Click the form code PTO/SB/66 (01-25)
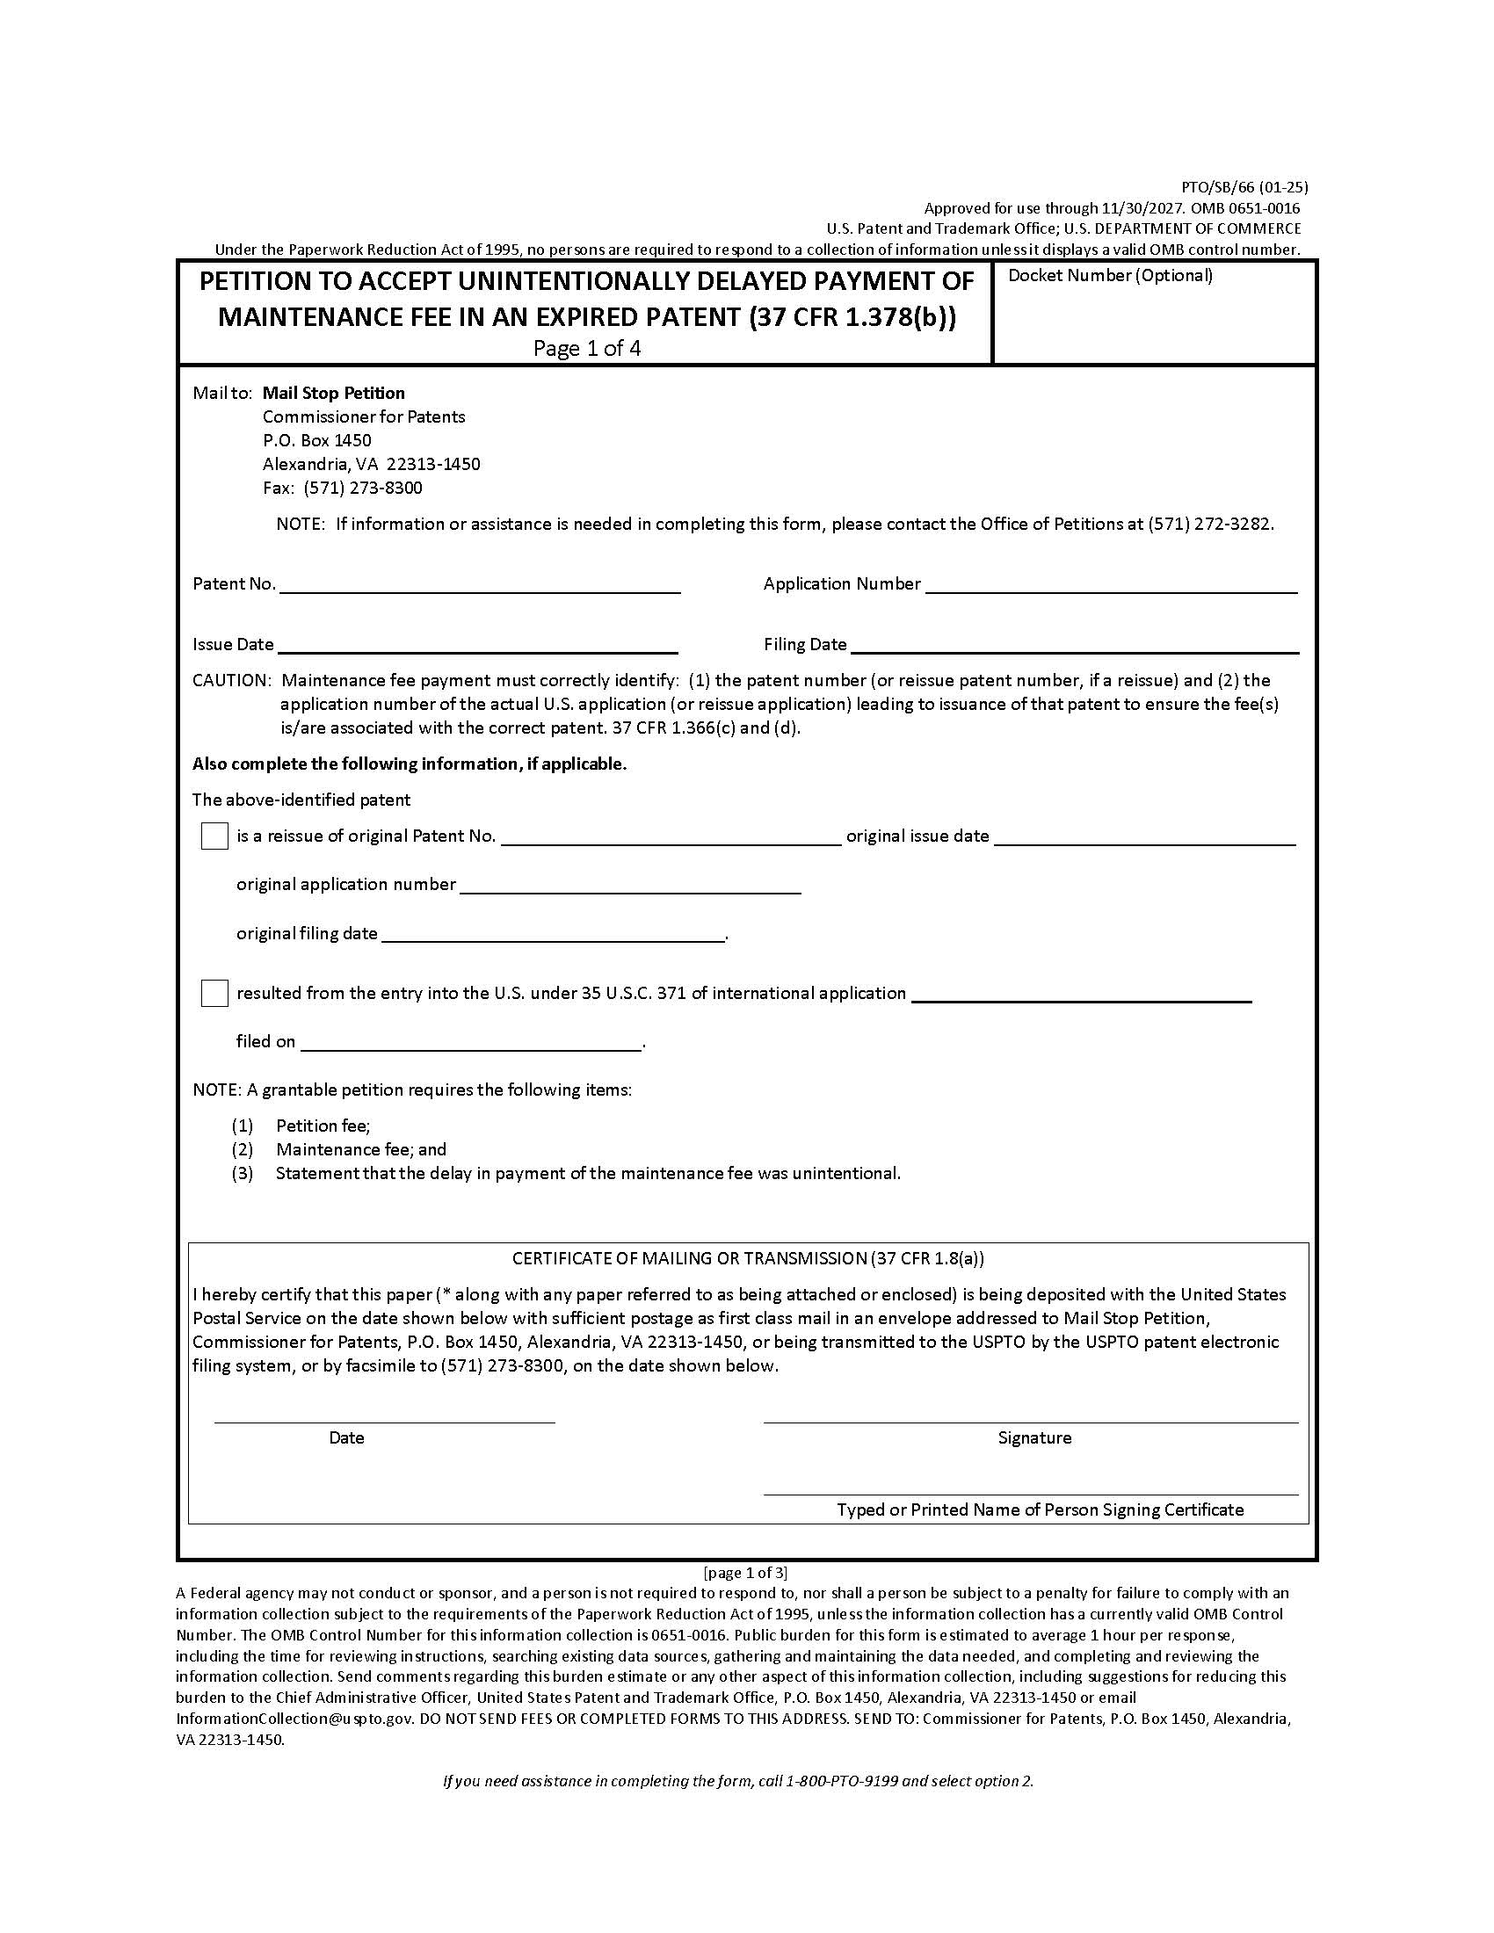click(1244, 187)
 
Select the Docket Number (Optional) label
click(1110, 275)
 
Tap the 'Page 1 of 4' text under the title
click(587, 348)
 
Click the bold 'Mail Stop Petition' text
click(334, 393)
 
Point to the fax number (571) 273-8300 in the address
click(363, 488)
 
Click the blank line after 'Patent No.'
click(480, 586)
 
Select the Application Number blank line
click(1111, 586)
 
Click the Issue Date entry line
click(478, 647)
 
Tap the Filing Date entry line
click(1074, 647)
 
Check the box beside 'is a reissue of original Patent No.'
click(214, 836)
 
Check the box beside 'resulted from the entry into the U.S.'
click(214, 993)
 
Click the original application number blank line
click(630, 887)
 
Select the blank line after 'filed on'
click(471, 1045)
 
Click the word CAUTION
click(231, 681)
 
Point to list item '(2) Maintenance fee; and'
click(360, 1150)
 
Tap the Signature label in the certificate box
click(1033, 1438)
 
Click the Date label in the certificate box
click(346, 1438)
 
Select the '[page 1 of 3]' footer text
click(745, 1573)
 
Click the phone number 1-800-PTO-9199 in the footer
click(841, 1781)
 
